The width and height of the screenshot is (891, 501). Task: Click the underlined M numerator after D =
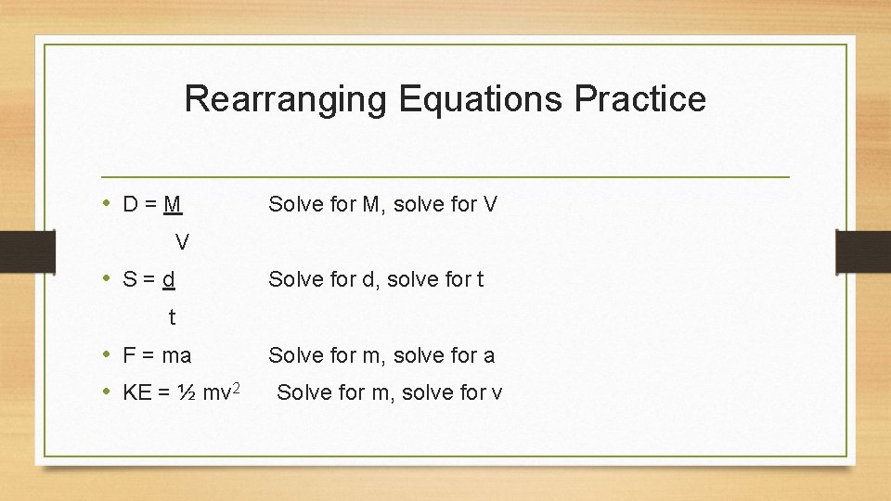(x=172, y=204)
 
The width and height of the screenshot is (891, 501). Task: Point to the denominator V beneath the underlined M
(x=183, y=242)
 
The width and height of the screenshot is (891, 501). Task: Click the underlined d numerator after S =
(x=169, y=279)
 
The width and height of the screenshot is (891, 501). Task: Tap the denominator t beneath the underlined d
(x=173, y=317)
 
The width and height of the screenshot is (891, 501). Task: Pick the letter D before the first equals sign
(x=131, y=204)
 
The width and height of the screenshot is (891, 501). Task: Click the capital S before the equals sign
(x=130, y=279)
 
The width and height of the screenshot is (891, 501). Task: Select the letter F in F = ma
(x=129, y=354)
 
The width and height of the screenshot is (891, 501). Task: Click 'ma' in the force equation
(x=175, y=354)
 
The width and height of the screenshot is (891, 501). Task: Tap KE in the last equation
(x=137, y=392)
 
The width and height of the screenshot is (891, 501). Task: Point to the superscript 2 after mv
(x=237, y=387)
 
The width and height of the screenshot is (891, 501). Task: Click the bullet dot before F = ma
(x=108, y=354)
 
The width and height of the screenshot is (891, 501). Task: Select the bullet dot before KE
(x=108, y=392)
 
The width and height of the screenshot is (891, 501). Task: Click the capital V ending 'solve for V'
(x=491, y=204)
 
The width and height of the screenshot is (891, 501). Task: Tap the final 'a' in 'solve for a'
(x=489, y=354)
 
